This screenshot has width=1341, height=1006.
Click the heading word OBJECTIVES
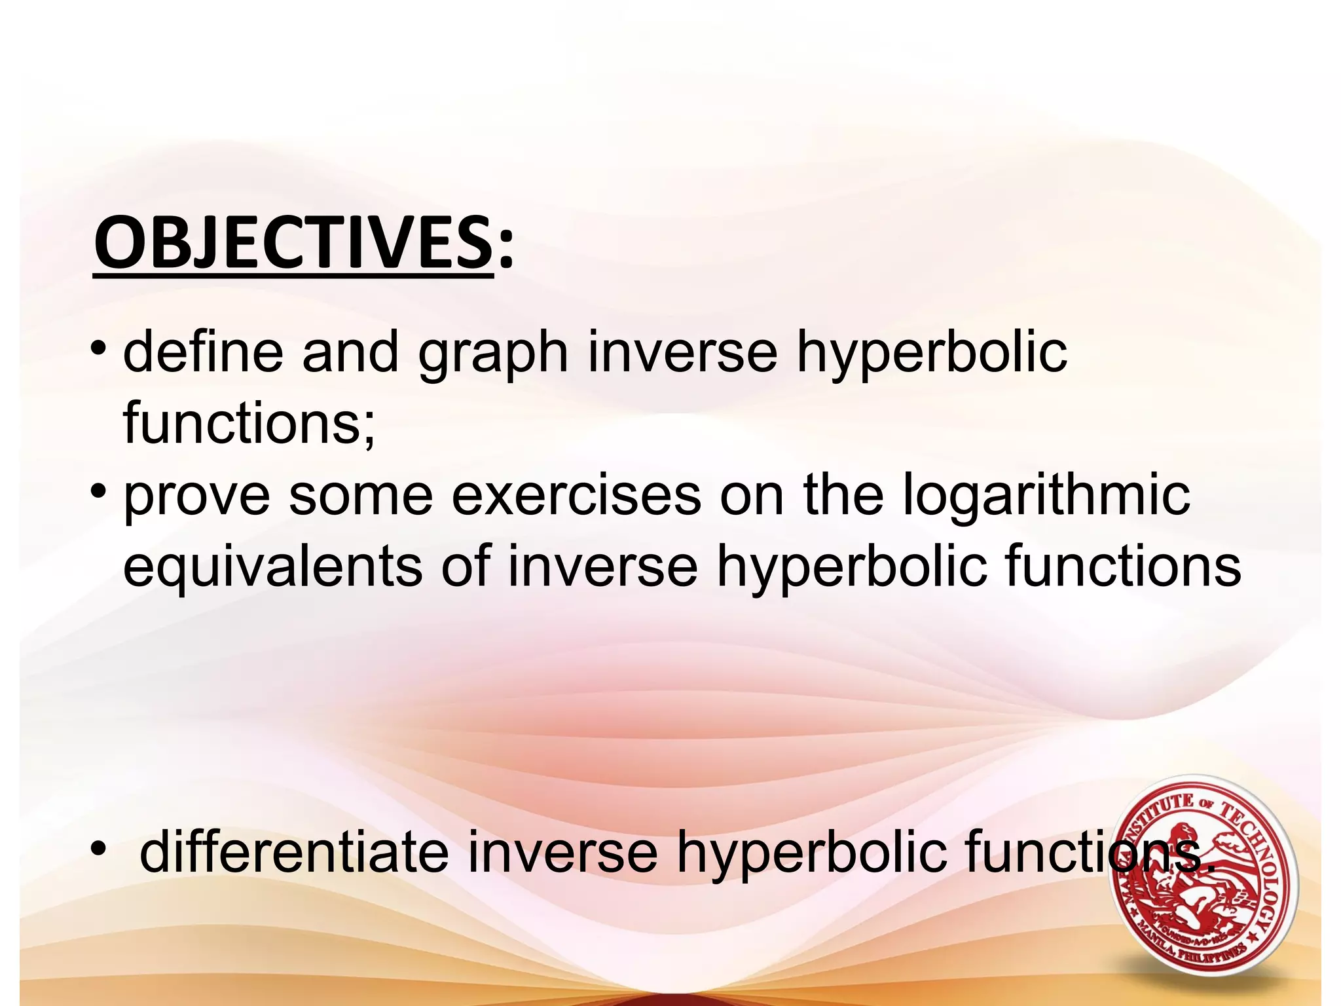(293, 244)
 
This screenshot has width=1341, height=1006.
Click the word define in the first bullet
(203, 352)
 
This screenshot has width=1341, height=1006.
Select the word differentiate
(294, 851)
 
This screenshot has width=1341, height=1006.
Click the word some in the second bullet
(361, 496)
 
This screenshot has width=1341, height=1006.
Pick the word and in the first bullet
(350, 352)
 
